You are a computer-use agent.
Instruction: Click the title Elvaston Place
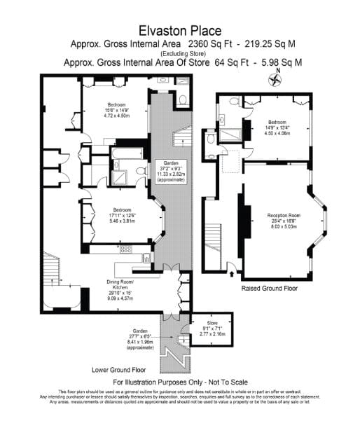click(180, 30)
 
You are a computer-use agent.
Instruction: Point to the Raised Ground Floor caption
click(270, 288)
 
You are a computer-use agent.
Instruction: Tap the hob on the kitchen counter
click(126, 249)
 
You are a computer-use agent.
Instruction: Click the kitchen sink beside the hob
click(144, 249)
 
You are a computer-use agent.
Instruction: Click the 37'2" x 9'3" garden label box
click(172, 171)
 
